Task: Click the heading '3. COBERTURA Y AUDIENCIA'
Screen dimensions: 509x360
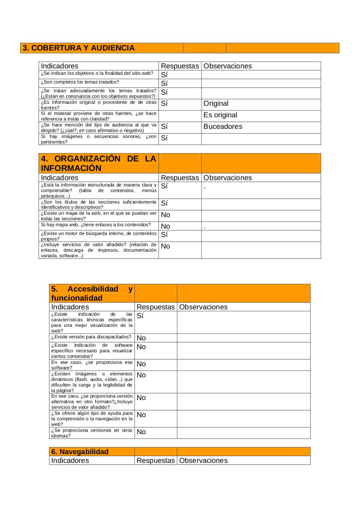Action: point(79,48)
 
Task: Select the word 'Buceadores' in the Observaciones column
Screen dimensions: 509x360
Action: point(223,127)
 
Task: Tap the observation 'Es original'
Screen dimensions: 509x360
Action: point(220,115)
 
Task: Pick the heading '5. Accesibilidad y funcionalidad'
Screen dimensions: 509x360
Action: point(92,293)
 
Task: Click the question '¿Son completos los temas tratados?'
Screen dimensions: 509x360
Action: point(80,82)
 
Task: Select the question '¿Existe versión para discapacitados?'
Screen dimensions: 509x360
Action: point(91,337)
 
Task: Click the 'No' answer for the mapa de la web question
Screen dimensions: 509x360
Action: point(165,215)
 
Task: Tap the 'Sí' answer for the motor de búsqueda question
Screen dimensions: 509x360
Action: point(164,235)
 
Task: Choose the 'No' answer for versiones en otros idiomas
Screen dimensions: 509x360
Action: point(141,432)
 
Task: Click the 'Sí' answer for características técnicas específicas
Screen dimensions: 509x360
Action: point(140,316)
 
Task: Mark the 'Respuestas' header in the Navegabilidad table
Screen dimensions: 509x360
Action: point(156,460)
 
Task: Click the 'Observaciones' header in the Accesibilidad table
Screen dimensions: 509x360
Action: point(203,307)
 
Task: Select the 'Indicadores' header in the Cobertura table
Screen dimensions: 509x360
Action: point(60,66)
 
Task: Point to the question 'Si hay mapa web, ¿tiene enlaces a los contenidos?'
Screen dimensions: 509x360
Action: point(95,225)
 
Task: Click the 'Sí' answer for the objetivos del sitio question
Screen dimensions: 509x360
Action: point(164,75)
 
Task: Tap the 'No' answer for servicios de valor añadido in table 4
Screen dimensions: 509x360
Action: point(165,247)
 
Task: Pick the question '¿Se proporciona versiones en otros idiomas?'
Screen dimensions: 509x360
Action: point(92,433)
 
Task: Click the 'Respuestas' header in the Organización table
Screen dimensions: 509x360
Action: point(180,178)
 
